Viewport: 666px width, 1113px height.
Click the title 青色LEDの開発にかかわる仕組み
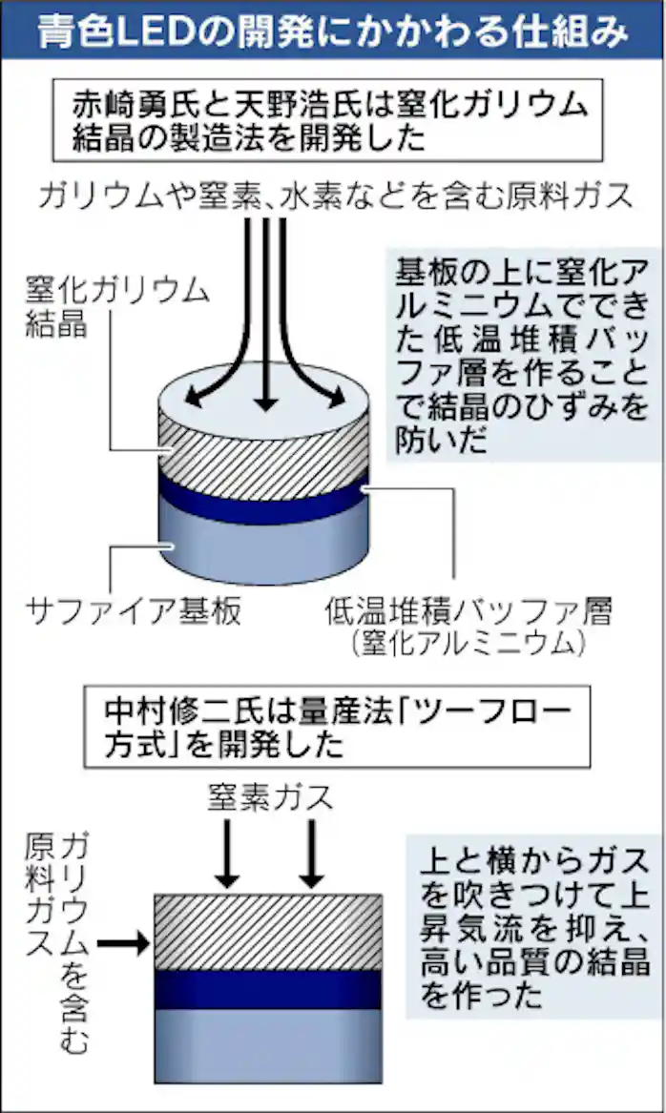click(333, 31)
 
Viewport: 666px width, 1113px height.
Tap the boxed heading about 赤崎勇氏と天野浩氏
click(329, 121)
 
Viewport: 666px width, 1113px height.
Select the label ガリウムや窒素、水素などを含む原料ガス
click(335, 196)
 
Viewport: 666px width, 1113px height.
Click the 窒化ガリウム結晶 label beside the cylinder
click(114, 307)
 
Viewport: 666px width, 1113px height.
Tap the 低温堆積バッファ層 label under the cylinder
click(466, 608)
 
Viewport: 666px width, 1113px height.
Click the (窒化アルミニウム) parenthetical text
click(466, 644)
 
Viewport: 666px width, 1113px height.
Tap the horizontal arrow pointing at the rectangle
click(125, 943)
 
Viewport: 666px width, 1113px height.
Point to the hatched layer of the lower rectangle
click(268, 931)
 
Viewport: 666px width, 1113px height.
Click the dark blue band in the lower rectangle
click(268, 989)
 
